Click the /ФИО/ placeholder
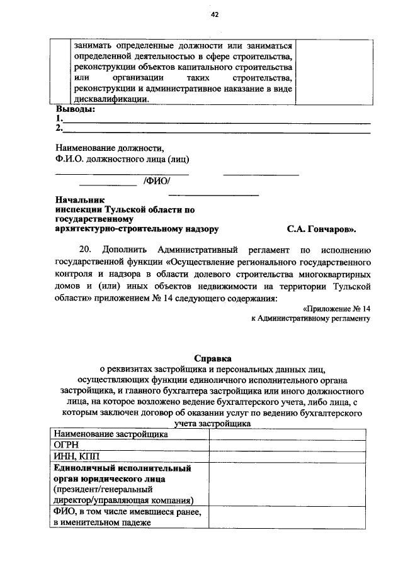pos(157,182)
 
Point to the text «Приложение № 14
pos(336,309)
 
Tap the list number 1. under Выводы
pos(59,119)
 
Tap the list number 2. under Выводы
pos(59,128)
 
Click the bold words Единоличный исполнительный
pos(122,468)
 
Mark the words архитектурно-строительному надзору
pos(137,229)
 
